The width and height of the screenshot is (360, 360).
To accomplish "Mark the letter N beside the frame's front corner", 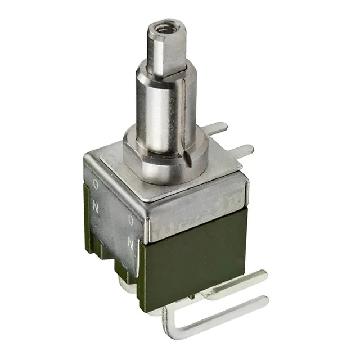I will [x=130, y=243].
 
